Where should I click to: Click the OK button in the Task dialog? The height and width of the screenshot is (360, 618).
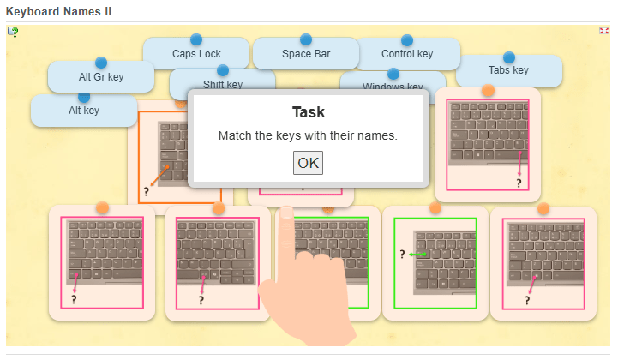coord(308,163)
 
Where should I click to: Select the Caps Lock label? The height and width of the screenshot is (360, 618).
coord(196,54)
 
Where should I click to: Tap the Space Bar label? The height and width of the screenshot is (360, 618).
coord(306,54)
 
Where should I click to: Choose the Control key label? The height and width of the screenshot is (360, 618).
coord(407,54)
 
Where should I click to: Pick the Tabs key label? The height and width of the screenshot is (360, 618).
coord(508,70)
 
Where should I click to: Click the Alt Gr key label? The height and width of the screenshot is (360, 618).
coord(101,77)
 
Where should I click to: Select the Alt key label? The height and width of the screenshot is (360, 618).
coord(84,110)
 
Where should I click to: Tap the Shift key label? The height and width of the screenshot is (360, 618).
coord(223,84)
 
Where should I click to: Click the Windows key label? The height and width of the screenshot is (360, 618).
coord(393,86)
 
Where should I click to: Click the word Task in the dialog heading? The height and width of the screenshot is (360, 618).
coord(309,112)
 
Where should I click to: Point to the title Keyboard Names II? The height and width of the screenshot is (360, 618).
coord(58,11)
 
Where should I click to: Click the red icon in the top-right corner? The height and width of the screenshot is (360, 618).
coord(604,31)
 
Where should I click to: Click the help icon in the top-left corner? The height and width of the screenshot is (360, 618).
coord(13,32)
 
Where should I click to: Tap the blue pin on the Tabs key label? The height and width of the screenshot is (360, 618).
coord(509,57)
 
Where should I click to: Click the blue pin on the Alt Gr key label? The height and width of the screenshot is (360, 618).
coord(101,63)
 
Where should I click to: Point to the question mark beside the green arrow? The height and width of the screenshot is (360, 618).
coord(401,254)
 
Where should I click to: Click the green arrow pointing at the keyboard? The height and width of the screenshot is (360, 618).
coord(418,255)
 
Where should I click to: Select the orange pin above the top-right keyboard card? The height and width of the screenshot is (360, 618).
coord(488,90)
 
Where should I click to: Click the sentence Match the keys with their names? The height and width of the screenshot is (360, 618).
coord(308,135)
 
